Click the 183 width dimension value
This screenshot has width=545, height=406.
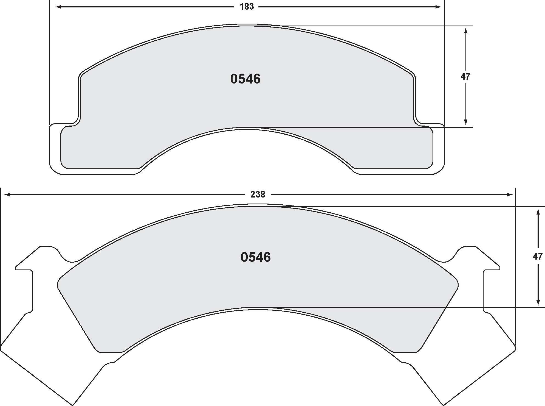click(247, 7)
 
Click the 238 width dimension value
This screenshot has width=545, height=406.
click(258, 194)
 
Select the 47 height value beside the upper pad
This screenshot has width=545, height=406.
click(465, 77)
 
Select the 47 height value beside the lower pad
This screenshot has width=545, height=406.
click(538, 257)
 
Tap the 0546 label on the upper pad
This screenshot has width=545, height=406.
click(245, 79)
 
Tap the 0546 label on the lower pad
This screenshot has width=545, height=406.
click(255, 257)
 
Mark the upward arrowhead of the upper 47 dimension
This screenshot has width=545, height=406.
click(465, 30)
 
